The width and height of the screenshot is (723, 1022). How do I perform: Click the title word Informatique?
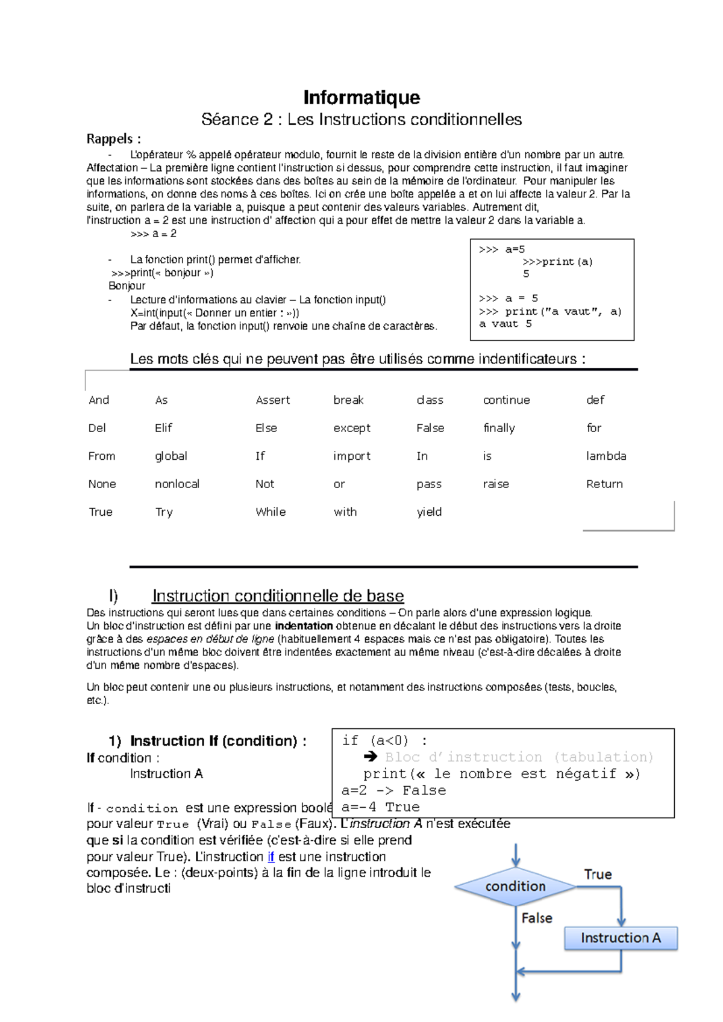pyautogui.click(x=361, y=98)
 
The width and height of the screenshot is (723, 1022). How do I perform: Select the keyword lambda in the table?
pyautogui.click(x=606, y=456)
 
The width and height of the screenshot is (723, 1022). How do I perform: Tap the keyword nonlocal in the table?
pyautogui.click(x=177, y=484)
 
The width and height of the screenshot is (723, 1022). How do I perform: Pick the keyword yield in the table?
pyautogui.click(x=429, y=512)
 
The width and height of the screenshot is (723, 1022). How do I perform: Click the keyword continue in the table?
pyautogui.click(x=506, y=400)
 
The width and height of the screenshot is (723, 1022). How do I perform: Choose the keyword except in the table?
pyautogui.click(x=352, y=428)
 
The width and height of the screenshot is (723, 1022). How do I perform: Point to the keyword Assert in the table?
pyautogui.click(x=272, y=400)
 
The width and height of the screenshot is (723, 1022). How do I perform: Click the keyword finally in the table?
pyautogui.click(x=499, y=428)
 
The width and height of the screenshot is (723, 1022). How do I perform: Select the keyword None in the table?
pyautogui.click(x=102, y=484)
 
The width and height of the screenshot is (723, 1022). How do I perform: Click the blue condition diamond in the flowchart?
pyautogui.click(x=515, y=886)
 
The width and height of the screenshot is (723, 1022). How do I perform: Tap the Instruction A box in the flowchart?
pyautogui.click(x=621, y=938)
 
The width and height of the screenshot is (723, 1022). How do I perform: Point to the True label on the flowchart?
pyautogui.click(x=598, y=875)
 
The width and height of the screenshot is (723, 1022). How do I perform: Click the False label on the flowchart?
pyautogui.click(x=537, y=918)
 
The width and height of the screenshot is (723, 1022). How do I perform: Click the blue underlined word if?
pyautogui.click(x=271, y=856)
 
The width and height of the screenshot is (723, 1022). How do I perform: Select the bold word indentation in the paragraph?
pyautogui.click(x=304, y=626)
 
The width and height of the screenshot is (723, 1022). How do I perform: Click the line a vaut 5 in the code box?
pyautogui.click(x=505, y=324)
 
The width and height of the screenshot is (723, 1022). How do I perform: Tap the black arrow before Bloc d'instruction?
pyautogui.click(x=371, y=757)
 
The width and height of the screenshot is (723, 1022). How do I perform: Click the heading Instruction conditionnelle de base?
pyautogui.click(x=278, y=596)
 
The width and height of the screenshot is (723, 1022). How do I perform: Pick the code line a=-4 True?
pyautogui.click(x=380, y=807)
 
